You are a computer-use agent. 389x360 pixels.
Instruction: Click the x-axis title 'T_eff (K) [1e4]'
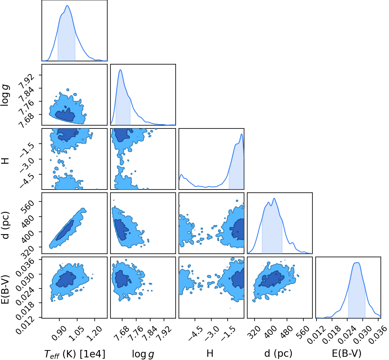click(75, 354)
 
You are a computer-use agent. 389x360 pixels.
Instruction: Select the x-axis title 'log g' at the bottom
click(143, 354)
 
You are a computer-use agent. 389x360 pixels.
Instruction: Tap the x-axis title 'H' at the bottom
click(210, 353)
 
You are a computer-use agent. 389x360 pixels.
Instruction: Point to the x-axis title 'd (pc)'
click(278, 354)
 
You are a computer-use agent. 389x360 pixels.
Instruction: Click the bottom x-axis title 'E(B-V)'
click(347, 354)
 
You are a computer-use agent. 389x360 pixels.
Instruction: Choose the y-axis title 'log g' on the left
click(5, 95)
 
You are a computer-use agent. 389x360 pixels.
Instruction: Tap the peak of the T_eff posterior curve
click(68, 5)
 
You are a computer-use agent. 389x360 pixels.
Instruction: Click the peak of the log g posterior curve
click(120, 70)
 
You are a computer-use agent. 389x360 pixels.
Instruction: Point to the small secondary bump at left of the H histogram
click(181, 174)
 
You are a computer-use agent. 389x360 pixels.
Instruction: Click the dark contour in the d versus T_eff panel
click(65, 230)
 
